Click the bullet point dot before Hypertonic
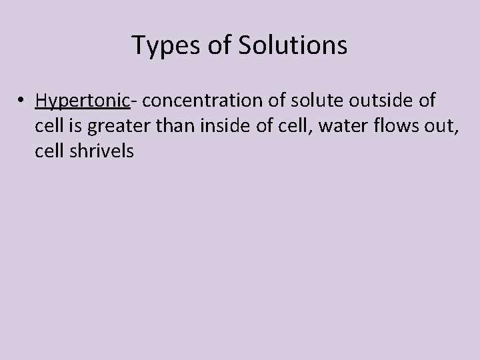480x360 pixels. (23, 101)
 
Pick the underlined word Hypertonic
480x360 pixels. (82, 101)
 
